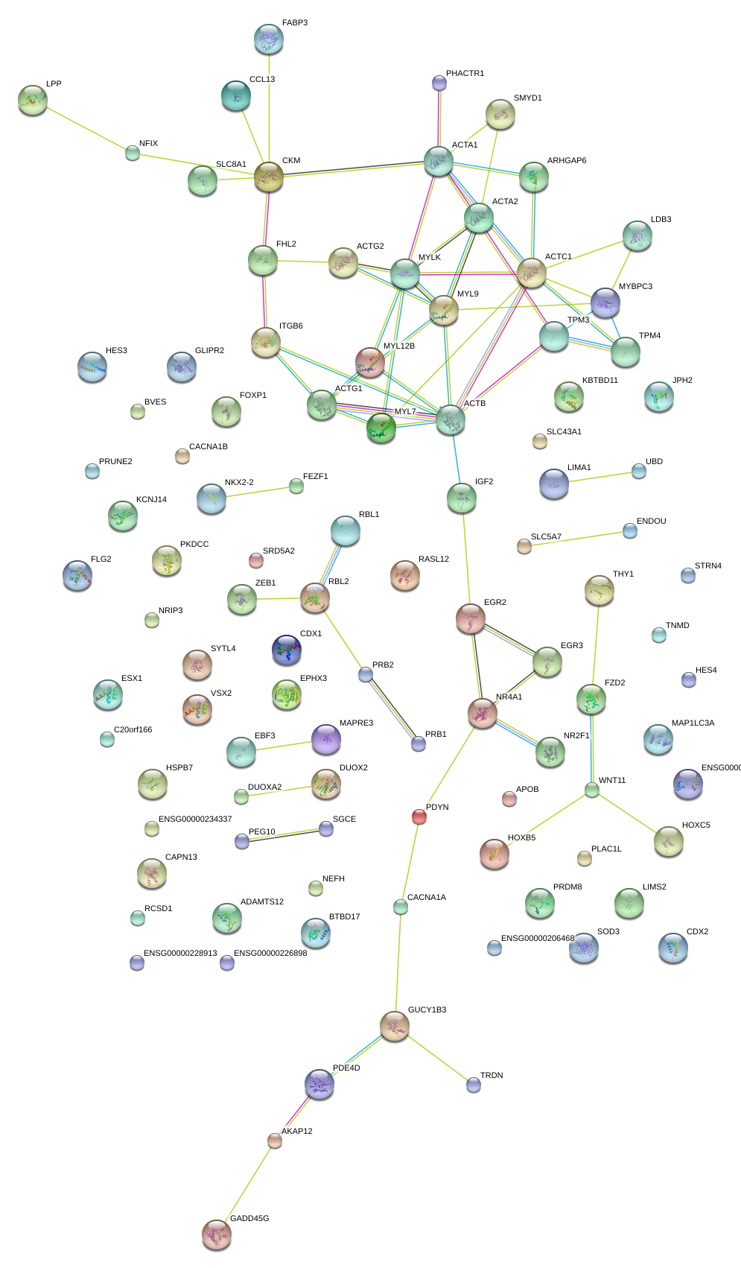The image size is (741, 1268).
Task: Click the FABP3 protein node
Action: point(268,39)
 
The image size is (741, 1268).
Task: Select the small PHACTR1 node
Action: point(439,83)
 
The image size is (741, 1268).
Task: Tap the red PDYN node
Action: point(419,817)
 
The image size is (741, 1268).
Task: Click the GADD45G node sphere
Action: point(216,1234)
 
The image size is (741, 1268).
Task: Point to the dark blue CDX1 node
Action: point(287,650)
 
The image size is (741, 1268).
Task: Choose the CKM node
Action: point(268,177)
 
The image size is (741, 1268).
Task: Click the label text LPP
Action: point(54,84)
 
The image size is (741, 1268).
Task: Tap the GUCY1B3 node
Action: point(395,1026)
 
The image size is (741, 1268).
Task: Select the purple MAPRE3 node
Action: point(325,739)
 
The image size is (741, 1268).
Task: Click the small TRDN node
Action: point(474,1085)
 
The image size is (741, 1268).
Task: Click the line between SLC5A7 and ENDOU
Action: point(577,538)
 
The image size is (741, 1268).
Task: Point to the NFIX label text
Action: point(148,144)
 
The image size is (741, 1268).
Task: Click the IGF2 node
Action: point(462,498)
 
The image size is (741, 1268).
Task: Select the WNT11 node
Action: point(592,790)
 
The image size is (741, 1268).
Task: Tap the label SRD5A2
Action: point(279,551)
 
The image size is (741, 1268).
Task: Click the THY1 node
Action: point(599,590)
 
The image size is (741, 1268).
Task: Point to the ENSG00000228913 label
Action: point(180,954)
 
